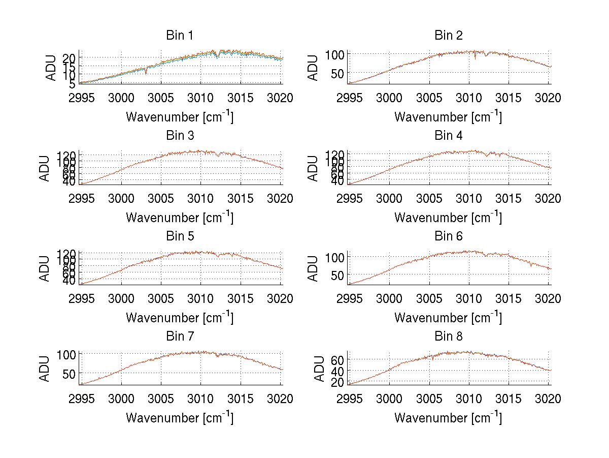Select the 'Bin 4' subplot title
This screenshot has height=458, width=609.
pos(448,136)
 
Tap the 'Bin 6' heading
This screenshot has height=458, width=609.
pos(448,236)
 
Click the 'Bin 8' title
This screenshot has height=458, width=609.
pos(448,337)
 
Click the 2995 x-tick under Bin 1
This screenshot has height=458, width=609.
pos(81,98)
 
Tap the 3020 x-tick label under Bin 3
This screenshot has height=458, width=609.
pos(280,199)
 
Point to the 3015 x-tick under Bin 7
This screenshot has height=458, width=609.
pos(240,399)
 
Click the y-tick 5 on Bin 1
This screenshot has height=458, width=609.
pos(73,83)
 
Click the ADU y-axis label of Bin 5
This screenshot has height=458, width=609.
pos(45,268)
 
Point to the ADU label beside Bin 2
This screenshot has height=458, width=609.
pos(314,67)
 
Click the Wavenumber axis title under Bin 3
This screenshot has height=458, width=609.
pos(180,217)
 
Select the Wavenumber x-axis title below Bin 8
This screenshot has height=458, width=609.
pos(448,417)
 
